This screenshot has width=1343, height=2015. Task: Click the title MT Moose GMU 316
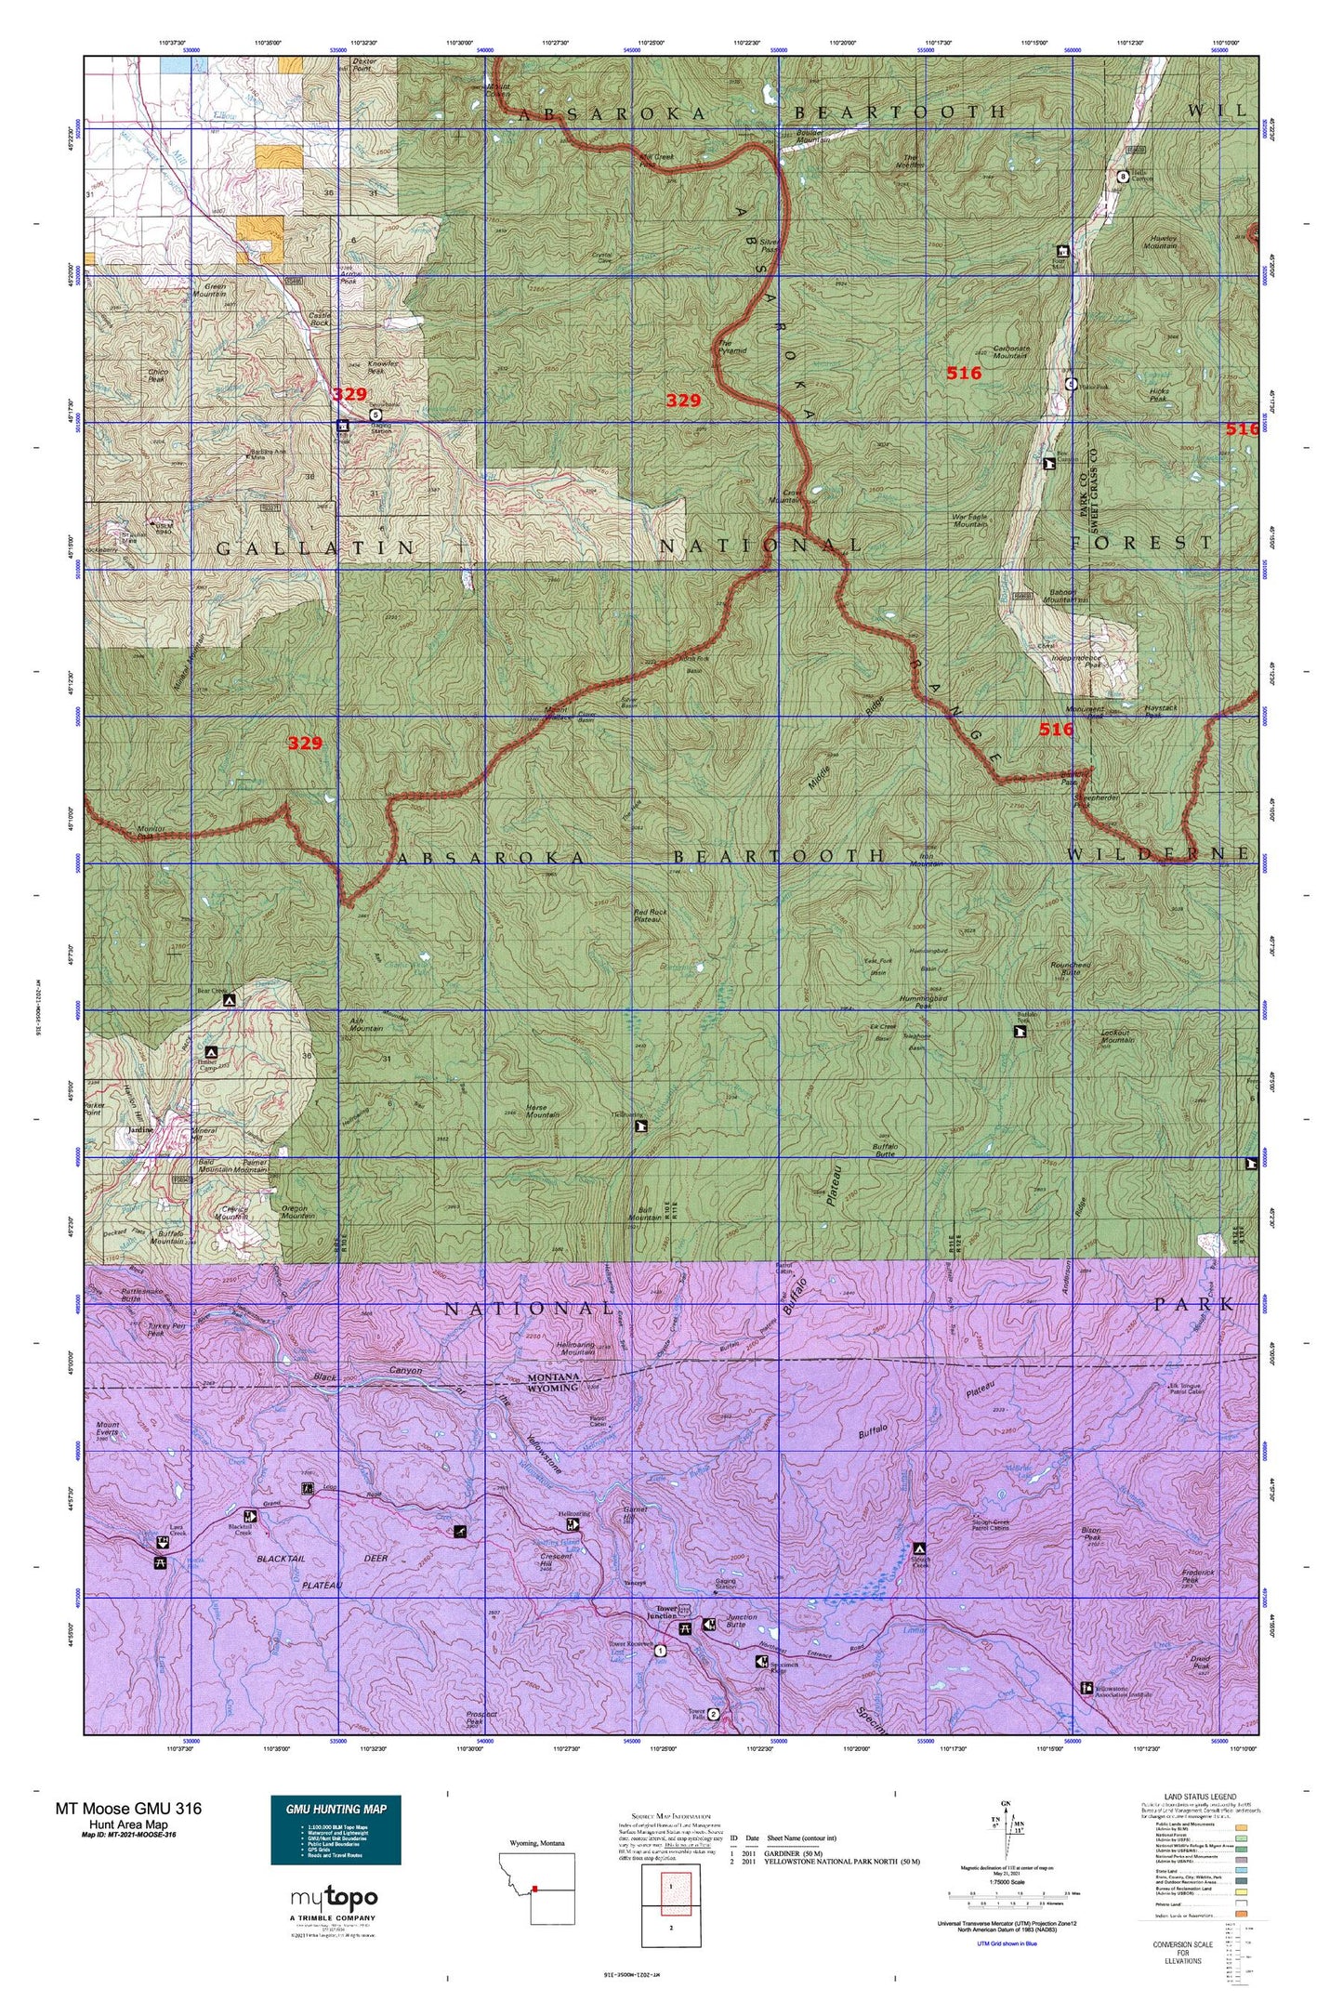[127, 1808]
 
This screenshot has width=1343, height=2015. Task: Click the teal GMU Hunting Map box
[336, 1830]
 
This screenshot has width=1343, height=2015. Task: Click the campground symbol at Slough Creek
[919, 1548]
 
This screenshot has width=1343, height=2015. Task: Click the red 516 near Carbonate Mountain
[963, 373]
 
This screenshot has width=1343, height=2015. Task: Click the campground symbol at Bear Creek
[230, 1001]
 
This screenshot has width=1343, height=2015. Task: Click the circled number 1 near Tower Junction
[660, 1651]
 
